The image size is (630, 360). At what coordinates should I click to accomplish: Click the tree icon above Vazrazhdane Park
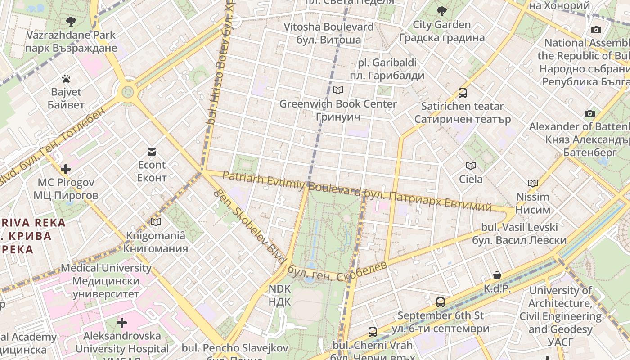coord(71,21)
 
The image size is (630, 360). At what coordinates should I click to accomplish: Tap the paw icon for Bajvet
coord(66,79)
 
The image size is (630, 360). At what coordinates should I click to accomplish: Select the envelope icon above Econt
coord(152,152)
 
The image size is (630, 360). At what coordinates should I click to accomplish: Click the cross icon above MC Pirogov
coord(66,169)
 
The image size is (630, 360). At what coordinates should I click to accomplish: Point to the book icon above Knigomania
coord(156,222)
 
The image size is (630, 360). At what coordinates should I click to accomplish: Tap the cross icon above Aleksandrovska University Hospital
coord(122,323)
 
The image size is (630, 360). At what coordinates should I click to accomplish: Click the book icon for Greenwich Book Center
coord(338,90)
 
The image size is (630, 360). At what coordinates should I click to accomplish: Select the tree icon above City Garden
coord(442,11)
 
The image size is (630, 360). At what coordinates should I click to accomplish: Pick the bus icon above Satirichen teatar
coord(462,93)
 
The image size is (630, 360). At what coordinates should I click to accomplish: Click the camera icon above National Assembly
coord(596,30)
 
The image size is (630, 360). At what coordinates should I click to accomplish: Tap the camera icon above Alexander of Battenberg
coord(589,113)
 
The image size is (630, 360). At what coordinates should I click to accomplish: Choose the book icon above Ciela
coord(471,166)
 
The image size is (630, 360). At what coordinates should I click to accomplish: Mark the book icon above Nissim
coord(533,184)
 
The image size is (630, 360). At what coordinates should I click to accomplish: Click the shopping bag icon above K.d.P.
coord(497,275)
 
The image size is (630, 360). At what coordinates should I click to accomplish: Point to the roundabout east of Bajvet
coord(128,92)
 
